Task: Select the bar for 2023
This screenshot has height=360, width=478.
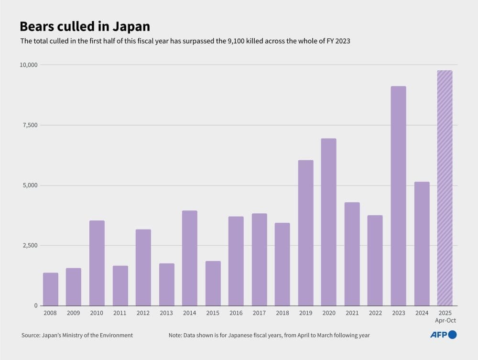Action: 398,196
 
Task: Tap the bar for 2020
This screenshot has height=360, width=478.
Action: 328,222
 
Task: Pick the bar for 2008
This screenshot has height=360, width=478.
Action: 50,289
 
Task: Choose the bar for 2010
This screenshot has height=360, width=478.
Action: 97,263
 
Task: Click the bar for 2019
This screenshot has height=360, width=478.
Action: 305,233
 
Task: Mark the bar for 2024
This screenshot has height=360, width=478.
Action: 422,244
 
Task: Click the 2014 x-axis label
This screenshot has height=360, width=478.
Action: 189,313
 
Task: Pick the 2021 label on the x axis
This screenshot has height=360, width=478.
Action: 352,313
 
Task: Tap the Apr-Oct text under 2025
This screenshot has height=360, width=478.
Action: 445,321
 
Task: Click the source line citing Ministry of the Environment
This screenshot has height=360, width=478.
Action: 77,335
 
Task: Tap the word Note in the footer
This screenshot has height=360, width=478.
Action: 175,335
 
